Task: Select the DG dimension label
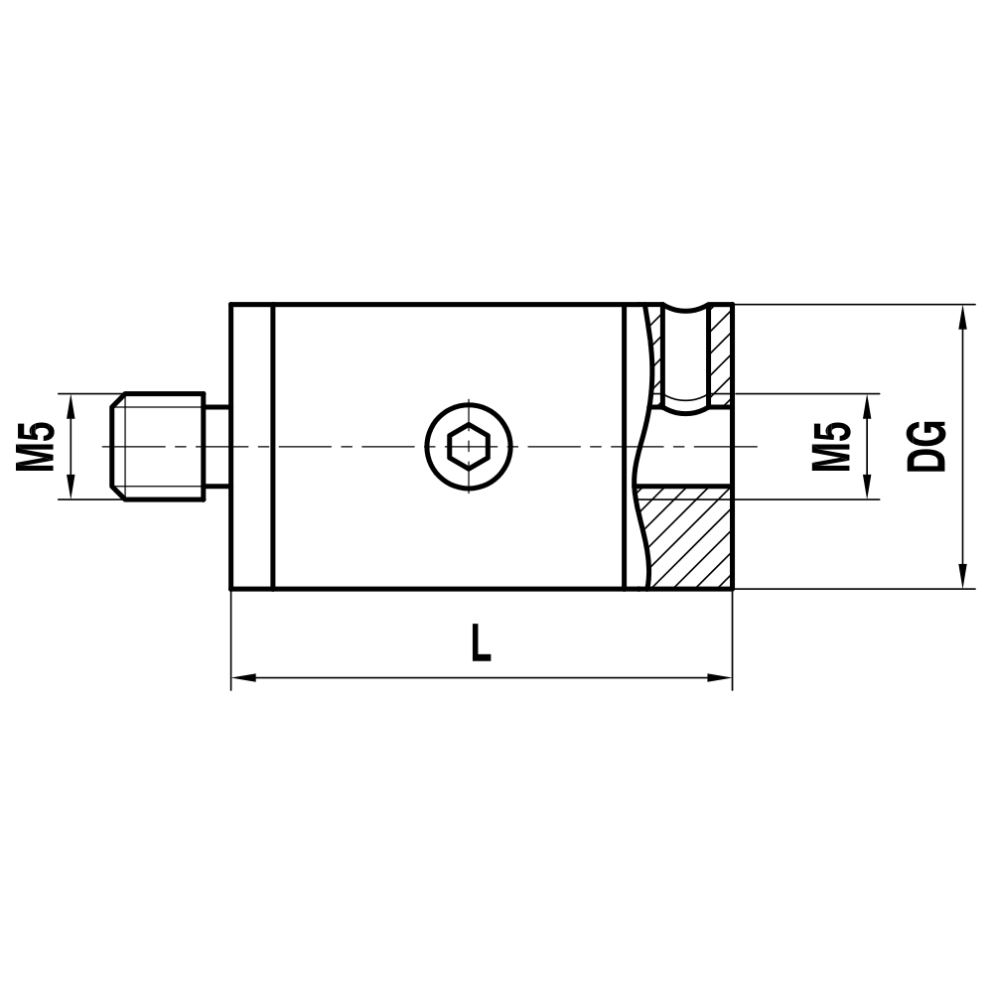927,446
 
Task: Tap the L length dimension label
481,643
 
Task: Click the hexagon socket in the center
469,446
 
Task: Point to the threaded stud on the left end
159,446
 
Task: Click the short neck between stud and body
217,446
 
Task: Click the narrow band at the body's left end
251,446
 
